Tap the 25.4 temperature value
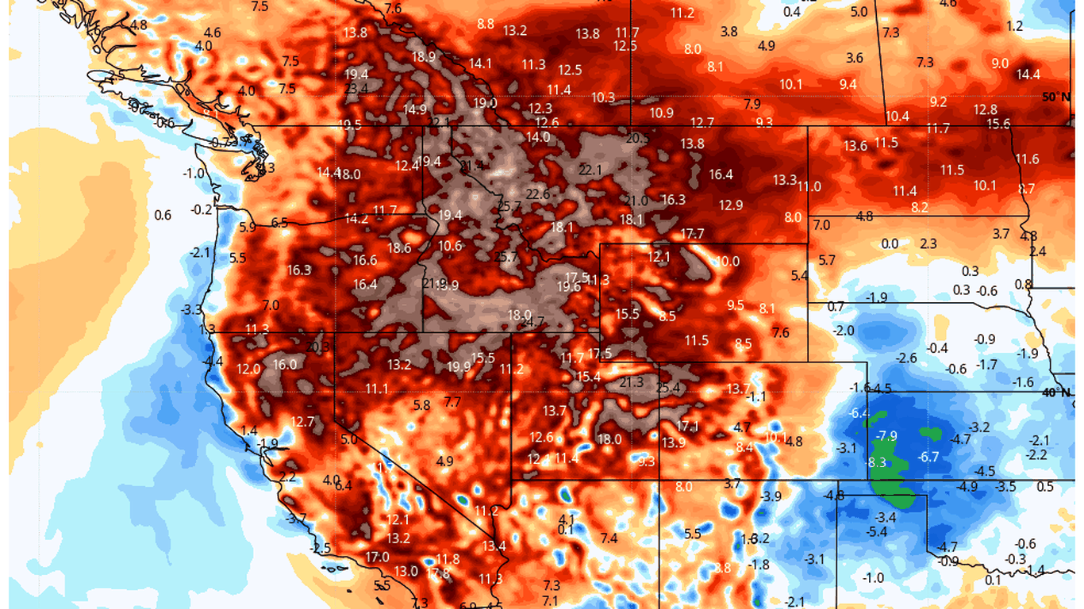click(669, 388)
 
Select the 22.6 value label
click(537, 194)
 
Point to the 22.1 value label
click(590, 170)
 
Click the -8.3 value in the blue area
click(877, 462)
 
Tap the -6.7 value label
click(928, 457)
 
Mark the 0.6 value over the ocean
click(163, 215)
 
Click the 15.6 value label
click(998, 124)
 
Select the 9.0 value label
click(1000, 63)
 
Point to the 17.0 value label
click(377, 557)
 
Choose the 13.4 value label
click(494, 546)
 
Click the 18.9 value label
click(424, 56)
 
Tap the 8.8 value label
click(486, 24)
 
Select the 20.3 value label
click(317, 347)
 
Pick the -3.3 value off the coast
click(191, 309)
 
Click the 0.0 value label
click(890, 244)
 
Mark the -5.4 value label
click(877, 531)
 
